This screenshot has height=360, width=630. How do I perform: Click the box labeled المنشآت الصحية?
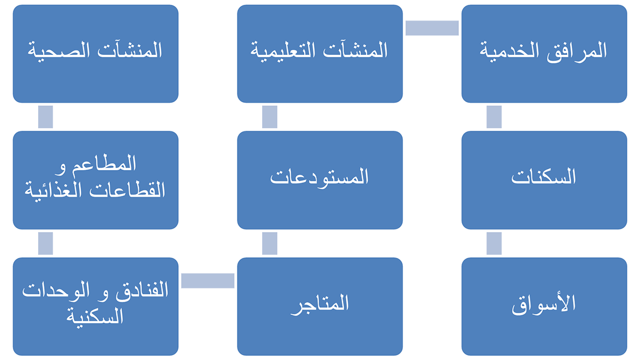point(96,54)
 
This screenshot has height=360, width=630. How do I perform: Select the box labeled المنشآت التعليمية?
point(320,54)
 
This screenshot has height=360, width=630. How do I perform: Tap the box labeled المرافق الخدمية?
point(544,54)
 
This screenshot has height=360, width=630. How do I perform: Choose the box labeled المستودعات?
point(320,180)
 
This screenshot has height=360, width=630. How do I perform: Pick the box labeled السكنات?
point(544,180)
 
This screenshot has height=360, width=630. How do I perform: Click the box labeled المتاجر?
point(320,307)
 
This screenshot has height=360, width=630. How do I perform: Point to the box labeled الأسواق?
point(544,307)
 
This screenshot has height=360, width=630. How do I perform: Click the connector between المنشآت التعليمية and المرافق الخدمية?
point(432,28)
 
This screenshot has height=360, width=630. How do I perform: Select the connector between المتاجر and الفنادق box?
point(208,281)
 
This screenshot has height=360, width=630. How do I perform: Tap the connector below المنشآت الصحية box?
point(45,117)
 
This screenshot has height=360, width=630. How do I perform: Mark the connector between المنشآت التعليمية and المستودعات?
point(270,117)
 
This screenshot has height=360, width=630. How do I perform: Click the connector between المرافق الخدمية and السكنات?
point(494,117)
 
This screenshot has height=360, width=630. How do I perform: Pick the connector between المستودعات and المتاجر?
point(270,243)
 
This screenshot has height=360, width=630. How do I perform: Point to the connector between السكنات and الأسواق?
point(494,243)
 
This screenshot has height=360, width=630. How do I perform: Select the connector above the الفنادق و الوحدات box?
point(45,243)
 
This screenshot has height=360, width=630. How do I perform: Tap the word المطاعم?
point(104,165)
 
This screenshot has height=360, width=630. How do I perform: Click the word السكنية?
point(95,316)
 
